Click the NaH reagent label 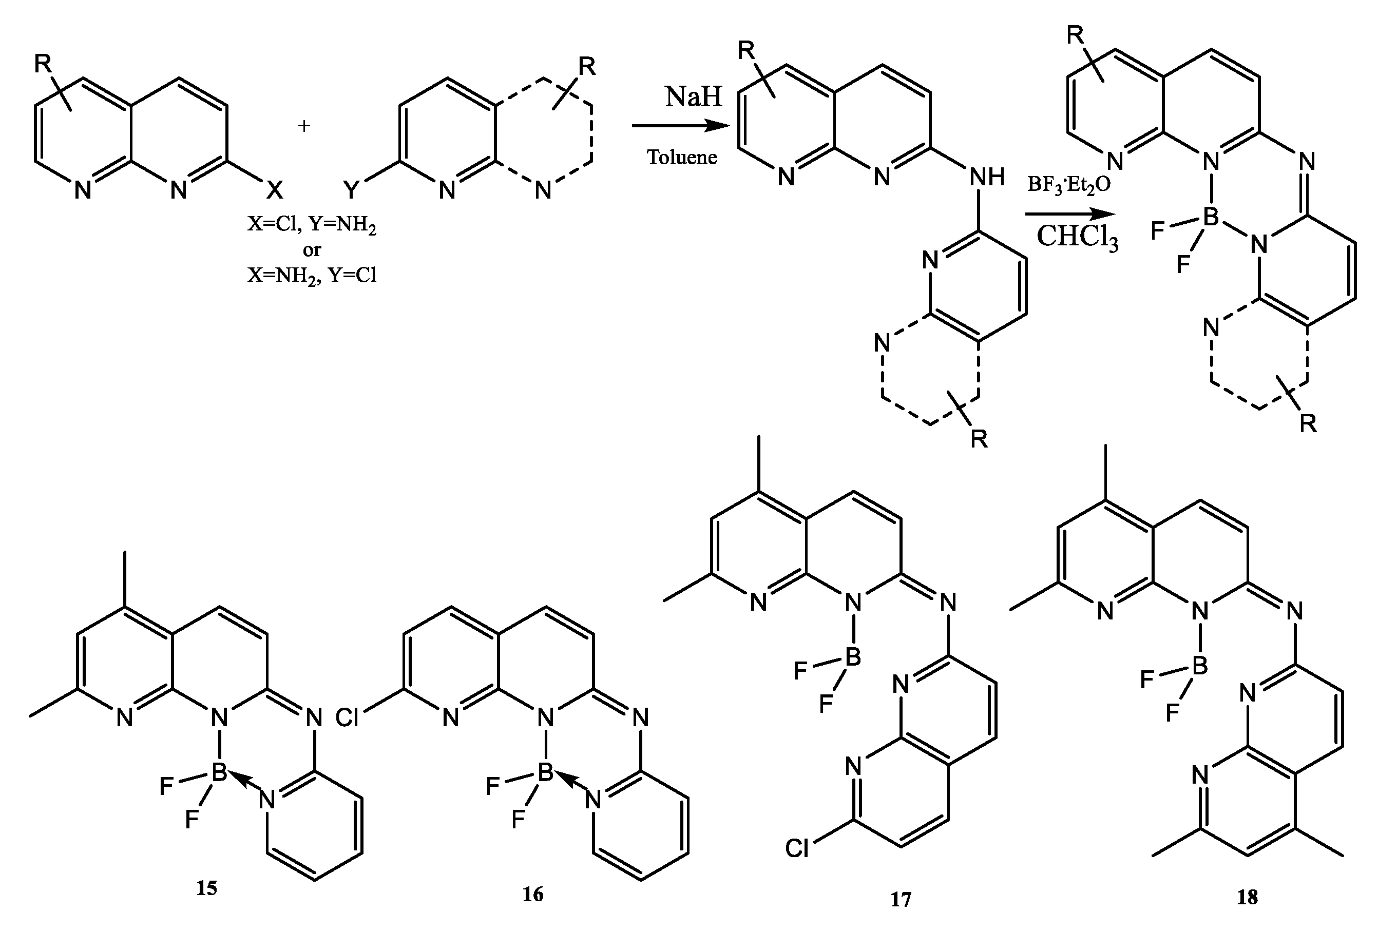(x=693, y=96)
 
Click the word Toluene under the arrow (x=682, y=157)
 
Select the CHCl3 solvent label (x=1077, y=237)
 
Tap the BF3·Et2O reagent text (x=1068, y=184)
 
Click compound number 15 (x=207, y=887)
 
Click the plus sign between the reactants (x=303, y=126)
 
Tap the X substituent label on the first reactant (x=274, y=190)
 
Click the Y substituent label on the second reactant (x=352, y=190)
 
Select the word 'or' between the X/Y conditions (x=311, y=250)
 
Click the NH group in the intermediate (x=987, y=177)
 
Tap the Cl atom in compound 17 (x=797, y=849)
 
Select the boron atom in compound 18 (x=1199, y=665)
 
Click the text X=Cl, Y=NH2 (x=312, y=225)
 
